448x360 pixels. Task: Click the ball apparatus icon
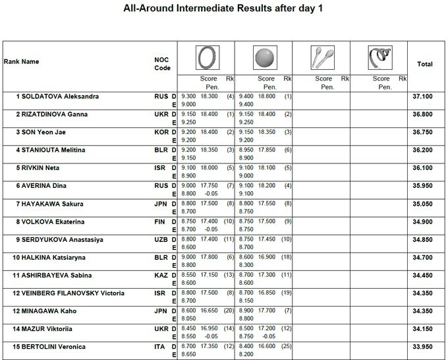point(265,58)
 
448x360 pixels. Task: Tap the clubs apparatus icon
point(323,58)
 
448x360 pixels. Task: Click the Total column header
point(424,64)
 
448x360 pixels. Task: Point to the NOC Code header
point(162,64)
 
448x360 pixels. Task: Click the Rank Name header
point(22,62)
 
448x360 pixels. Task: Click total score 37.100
point(422,96)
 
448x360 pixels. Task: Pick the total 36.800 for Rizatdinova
point(422,114)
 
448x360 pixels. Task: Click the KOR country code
point(161,132)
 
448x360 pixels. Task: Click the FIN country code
point(160,222)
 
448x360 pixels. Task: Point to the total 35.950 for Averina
point(422,186)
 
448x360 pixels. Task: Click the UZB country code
point(161,239)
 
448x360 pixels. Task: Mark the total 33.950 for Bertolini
point(422,347)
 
